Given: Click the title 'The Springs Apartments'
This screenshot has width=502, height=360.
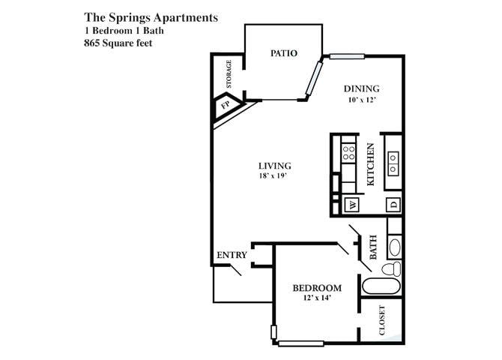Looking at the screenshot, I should (151, 17).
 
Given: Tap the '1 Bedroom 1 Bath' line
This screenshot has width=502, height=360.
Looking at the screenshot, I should (124, 30).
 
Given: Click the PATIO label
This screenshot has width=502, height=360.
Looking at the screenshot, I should (283, 53).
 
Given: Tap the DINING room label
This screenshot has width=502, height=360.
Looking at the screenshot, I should (361, 88).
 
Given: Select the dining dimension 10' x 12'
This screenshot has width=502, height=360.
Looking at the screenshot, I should (361, 100).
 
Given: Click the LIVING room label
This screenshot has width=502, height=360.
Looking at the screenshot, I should (275, 166).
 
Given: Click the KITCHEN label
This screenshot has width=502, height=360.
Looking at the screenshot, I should (370, 164).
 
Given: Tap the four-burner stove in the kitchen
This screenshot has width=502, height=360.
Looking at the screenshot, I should (349, 154).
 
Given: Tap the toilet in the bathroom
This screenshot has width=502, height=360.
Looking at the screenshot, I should (391, 268).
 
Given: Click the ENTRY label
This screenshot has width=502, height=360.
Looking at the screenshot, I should (232, 255).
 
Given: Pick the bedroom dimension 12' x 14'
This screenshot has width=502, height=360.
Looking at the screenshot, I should (316, 298).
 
